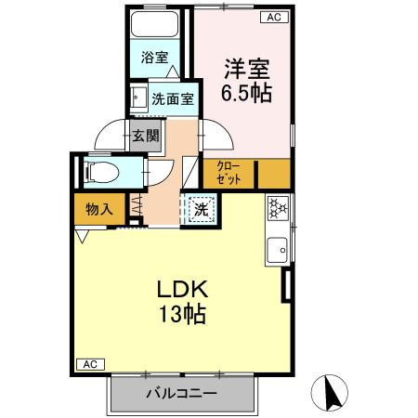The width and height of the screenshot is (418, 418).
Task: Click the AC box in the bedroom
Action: [x=274, y=17]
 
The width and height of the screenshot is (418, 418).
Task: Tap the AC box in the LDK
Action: [x=90, y=364]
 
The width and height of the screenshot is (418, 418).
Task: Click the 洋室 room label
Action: [x=247, y=69]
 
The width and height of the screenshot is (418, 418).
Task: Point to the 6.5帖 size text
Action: [x=246, y=93]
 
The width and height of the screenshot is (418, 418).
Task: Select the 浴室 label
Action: [x=154, y=58]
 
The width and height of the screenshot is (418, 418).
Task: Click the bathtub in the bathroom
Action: [x=155, y=24]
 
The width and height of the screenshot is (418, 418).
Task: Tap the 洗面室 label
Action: [x=173, y=99]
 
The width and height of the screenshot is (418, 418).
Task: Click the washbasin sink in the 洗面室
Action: [x=137, y=98]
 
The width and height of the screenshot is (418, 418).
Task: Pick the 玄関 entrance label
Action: [x=146, y=136]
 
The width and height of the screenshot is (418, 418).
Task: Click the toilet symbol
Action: [x=101, y=172]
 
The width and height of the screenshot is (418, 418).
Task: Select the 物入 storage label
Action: [x=99, y=210]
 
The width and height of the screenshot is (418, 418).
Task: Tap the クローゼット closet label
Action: [x=229, y=173]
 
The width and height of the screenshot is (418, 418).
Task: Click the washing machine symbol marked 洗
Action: [x=201, y=210]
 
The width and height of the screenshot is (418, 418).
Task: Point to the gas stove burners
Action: [x=278, y=206]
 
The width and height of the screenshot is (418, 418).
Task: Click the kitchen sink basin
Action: [x=278, y=250]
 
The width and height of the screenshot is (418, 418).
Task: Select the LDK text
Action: [x=182, y=289]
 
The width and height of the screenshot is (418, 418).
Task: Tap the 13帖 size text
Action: [x=182, y=314]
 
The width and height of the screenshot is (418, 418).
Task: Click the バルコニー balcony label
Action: [x=182, y=394]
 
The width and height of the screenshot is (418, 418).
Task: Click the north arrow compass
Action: [x=330, y=393]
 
